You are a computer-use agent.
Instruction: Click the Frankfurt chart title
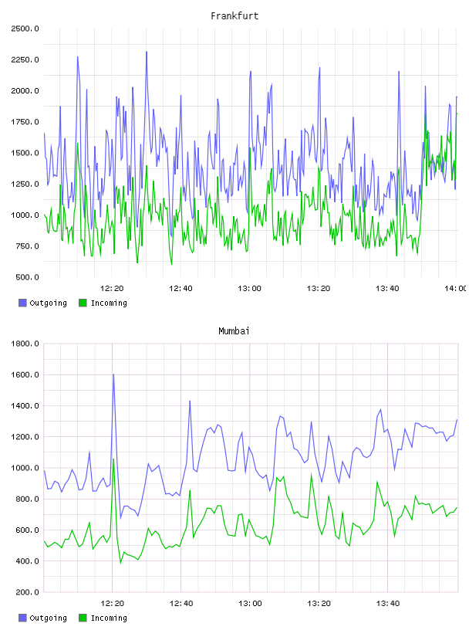235,16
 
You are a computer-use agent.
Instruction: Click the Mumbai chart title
234,331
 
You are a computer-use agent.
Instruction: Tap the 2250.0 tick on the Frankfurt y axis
25,60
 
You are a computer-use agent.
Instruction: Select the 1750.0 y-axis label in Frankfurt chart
25,122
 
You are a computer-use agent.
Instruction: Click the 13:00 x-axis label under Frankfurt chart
249,289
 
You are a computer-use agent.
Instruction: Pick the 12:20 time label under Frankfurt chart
112,289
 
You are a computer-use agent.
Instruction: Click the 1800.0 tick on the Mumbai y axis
25,344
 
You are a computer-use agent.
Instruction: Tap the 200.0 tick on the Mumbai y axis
27,592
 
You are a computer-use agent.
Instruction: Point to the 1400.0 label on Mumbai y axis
25,406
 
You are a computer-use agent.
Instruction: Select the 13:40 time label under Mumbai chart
388,604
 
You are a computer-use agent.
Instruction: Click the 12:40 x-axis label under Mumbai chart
181,604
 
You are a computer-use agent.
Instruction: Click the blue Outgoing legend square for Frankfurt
22,303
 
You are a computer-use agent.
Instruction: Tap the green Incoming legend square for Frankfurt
83,303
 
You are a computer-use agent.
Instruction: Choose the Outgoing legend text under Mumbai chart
48,618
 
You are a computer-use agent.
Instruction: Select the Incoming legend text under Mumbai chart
109,618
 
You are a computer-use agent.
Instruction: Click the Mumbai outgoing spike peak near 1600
113,374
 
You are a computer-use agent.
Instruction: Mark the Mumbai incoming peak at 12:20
113,459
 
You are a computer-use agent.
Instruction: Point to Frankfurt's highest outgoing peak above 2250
147,52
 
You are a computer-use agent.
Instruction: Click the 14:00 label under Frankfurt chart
455,289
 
